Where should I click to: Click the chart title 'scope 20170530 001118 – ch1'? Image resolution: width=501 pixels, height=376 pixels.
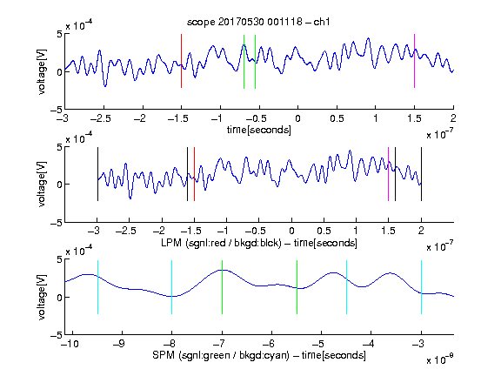[x=258, y=22]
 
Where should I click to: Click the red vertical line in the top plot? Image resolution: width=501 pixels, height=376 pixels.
[x=182, y=61]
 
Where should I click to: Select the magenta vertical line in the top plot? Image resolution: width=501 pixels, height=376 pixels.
[x=414, y=61]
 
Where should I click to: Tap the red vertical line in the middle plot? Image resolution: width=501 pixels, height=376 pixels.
[x=194, y=174]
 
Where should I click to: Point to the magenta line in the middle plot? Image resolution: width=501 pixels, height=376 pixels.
[x=388, y=174]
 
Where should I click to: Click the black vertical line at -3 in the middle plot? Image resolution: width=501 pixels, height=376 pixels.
[x=97, y=174]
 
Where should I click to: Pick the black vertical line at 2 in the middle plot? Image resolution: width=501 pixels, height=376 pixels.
[x=422, y=174]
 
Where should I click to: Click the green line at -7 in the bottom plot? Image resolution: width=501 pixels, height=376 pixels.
[x=222, y=287]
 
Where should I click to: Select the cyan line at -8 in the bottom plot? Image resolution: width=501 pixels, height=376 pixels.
[x=172, y=287]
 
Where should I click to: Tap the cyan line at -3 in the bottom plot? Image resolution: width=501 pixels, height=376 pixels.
[x=422, y=287]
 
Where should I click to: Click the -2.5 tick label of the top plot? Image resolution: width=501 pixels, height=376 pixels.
[x=100, y=118]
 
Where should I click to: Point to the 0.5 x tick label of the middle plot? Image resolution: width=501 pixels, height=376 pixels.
[x=324, y=231]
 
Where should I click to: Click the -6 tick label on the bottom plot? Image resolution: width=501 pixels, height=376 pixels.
[x=271, y=344]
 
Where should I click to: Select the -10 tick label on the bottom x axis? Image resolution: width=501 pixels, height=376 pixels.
[x=70, y=344]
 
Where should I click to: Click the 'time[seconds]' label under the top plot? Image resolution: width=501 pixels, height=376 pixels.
[x=259, y=130]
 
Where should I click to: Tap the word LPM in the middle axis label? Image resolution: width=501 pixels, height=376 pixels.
[x=171, y=243]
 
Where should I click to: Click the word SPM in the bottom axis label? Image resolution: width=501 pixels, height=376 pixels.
[x=163, y=355]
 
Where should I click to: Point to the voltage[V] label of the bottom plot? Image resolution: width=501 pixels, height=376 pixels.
[x=42, y=297]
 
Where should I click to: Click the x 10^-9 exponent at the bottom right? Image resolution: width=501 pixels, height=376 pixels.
[x=439, y=359]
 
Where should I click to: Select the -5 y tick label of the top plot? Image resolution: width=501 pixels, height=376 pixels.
[x=57, y=111]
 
